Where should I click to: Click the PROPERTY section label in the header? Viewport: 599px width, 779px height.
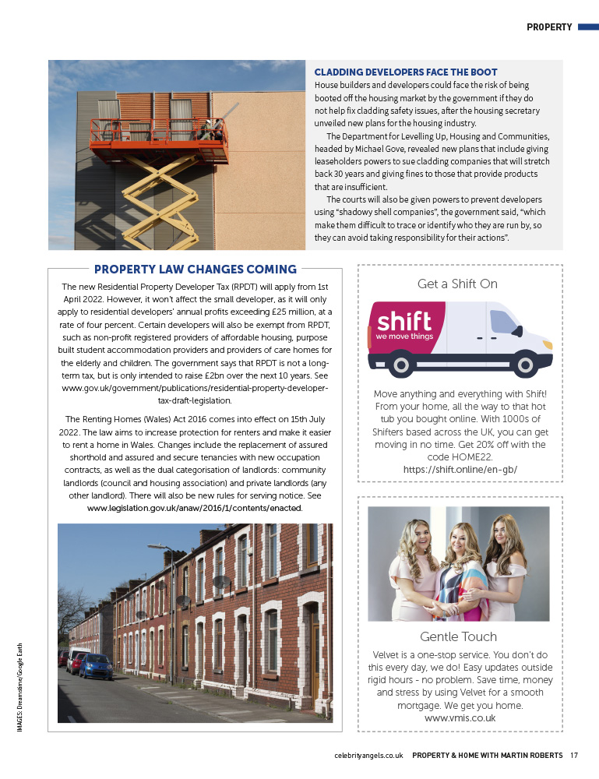click(549, 26)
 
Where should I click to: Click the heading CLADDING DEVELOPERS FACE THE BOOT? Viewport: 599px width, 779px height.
click(406, 72)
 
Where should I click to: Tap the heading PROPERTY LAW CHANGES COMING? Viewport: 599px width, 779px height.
click(196, 270)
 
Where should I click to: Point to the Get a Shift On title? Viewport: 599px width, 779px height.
click(457, 284)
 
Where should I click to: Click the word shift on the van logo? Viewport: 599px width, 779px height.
click(403, 322)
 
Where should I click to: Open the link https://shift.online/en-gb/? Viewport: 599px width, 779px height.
click(460, 470)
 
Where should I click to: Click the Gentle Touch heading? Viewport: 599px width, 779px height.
click(458, 636)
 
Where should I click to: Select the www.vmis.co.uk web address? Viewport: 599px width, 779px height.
click(460, 717)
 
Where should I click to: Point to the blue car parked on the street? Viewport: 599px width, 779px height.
click(97, 667)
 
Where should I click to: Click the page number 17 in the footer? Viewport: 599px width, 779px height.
click(573, 755)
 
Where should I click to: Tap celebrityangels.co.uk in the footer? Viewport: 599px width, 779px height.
click(368, 755)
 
